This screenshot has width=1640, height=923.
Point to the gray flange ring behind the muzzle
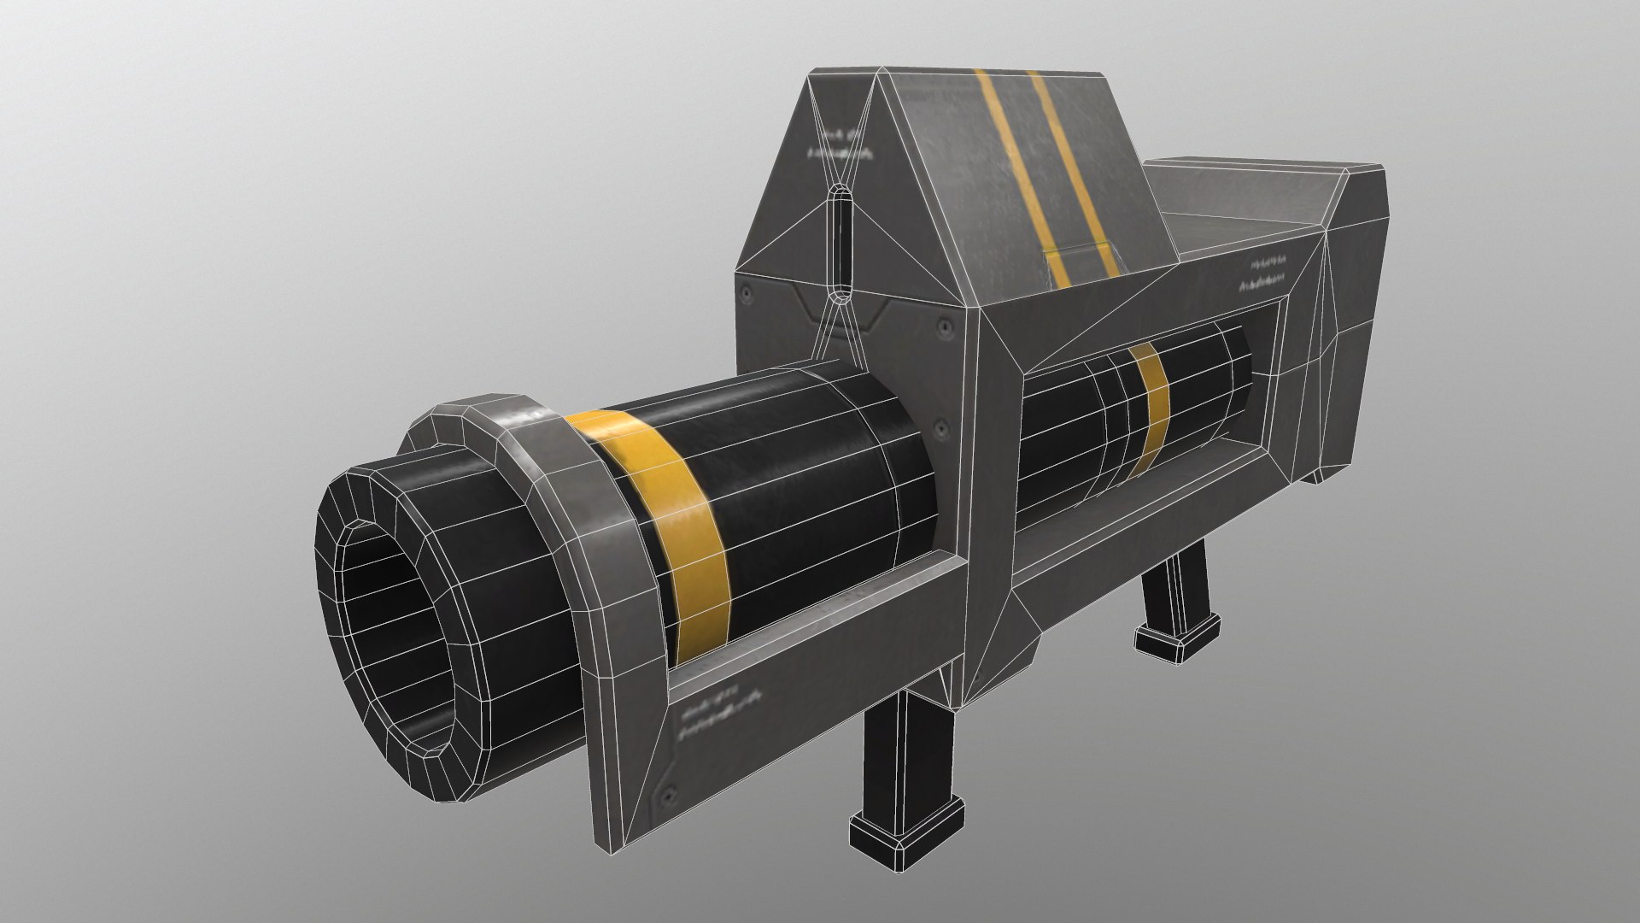point(547,479)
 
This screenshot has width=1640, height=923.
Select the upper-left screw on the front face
point(747,293)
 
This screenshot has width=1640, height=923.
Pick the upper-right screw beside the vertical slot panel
point(943,326)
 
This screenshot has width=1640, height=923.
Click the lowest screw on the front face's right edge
point(940,425)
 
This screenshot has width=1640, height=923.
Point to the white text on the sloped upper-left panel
point(841,145)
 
